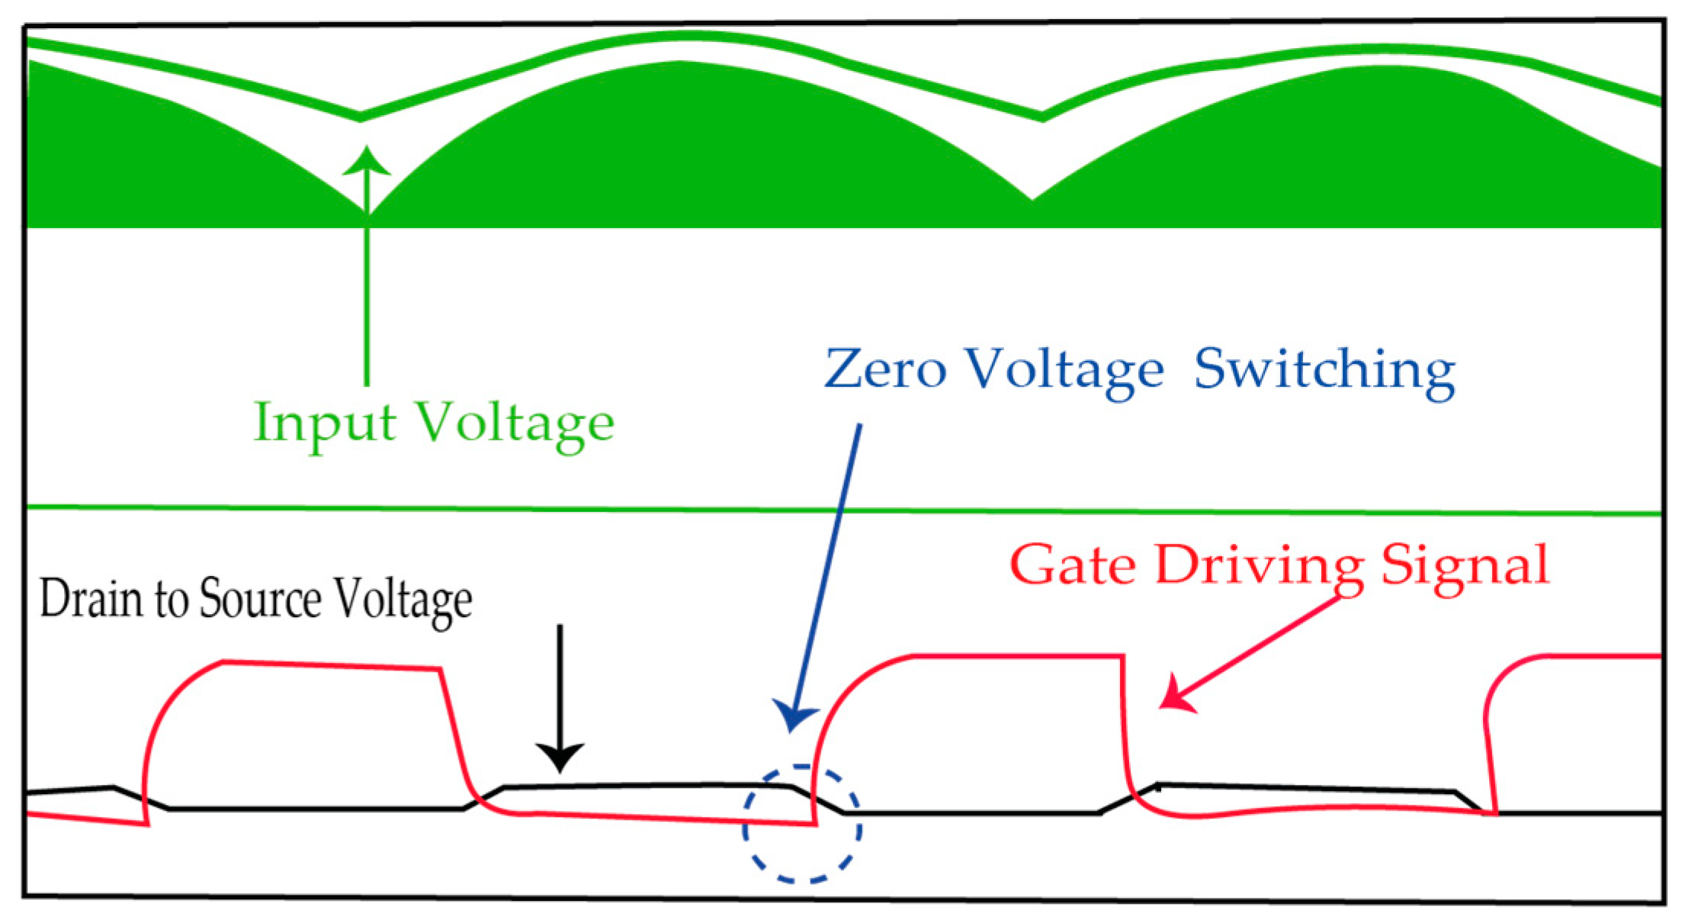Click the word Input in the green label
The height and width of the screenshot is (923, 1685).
tap(325, 422)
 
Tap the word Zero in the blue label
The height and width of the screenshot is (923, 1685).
tap(885, 369)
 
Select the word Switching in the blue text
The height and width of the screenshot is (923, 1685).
tap(1324, 371)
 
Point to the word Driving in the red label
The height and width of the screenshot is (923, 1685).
tap(1259, 567)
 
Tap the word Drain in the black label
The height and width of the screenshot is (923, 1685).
tap(91, 598)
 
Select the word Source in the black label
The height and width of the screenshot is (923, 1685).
tap(260, 598)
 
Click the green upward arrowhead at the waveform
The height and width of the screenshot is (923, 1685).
tap(367, 162)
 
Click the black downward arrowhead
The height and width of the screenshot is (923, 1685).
tap(560, 756)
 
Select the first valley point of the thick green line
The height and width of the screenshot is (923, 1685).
tap(361, 118)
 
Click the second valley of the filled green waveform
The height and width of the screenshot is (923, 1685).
tap(1032, 198)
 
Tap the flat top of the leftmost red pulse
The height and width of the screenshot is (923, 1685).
tap(332, 665)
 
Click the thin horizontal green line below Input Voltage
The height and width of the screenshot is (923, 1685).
tap(839, 510)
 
